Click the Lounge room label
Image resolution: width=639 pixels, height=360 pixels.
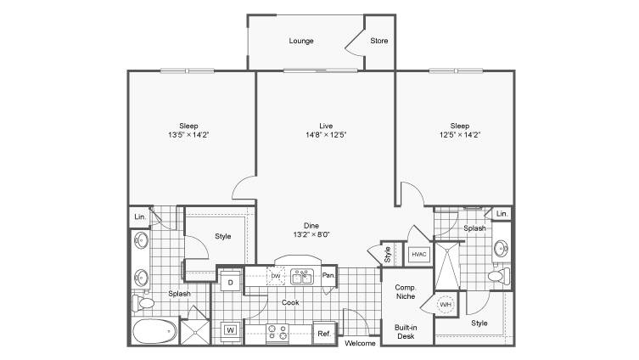pos(301,41)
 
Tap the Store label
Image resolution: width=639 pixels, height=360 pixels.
pos(379,41)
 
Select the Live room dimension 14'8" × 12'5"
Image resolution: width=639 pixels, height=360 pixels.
pos(326,135)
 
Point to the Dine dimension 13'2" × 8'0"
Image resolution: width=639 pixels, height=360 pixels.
pos(311,234)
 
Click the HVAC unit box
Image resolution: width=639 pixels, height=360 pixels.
pos(419,255)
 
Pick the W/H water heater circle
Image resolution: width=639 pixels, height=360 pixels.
pos(445,305)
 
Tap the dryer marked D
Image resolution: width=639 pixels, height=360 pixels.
pos(230,282)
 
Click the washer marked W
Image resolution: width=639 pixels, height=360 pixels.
pos(230,329)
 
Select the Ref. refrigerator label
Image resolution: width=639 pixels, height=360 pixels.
pos(324,334)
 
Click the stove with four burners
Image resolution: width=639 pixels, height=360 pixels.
pos(277,333)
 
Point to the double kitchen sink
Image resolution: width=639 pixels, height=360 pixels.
pos(301,277)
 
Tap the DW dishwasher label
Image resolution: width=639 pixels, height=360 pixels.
pos(276,276)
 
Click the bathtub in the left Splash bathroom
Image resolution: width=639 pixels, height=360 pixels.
pos(154,331)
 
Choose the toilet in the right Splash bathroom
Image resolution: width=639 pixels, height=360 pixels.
pos(498,276)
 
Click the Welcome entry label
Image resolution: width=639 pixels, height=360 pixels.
pos(360,343)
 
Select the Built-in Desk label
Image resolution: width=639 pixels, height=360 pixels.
pos(406,332)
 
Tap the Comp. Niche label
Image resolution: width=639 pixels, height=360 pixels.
pos(406,292)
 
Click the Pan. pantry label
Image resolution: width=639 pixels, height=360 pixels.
pos(328,275)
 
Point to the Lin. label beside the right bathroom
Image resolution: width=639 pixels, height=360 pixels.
pos(502,214)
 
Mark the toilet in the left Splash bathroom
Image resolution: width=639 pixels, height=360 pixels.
pos(143,303)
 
